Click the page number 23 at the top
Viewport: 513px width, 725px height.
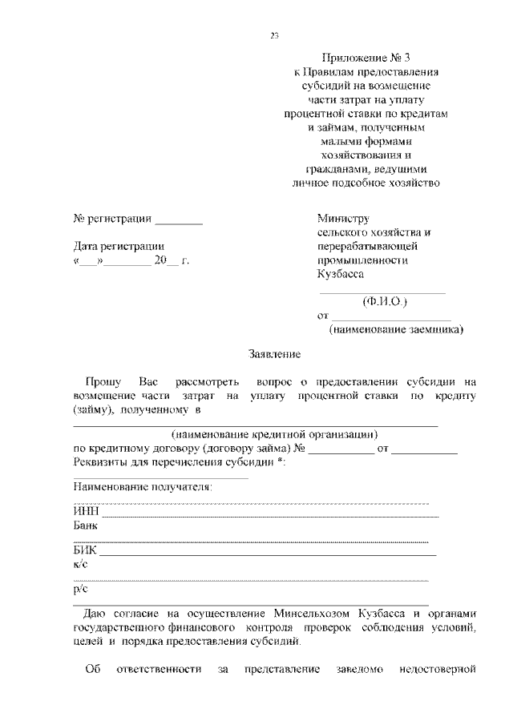tap(274, 35)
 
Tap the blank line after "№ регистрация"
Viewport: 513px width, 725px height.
tap(179, 220)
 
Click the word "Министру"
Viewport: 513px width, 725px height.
tap(342, 218)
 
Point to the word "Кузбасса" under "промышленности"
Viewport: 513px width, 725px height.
tap(340, 273)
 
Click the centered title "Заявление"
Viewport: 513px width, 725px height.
tap(275, 353)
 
